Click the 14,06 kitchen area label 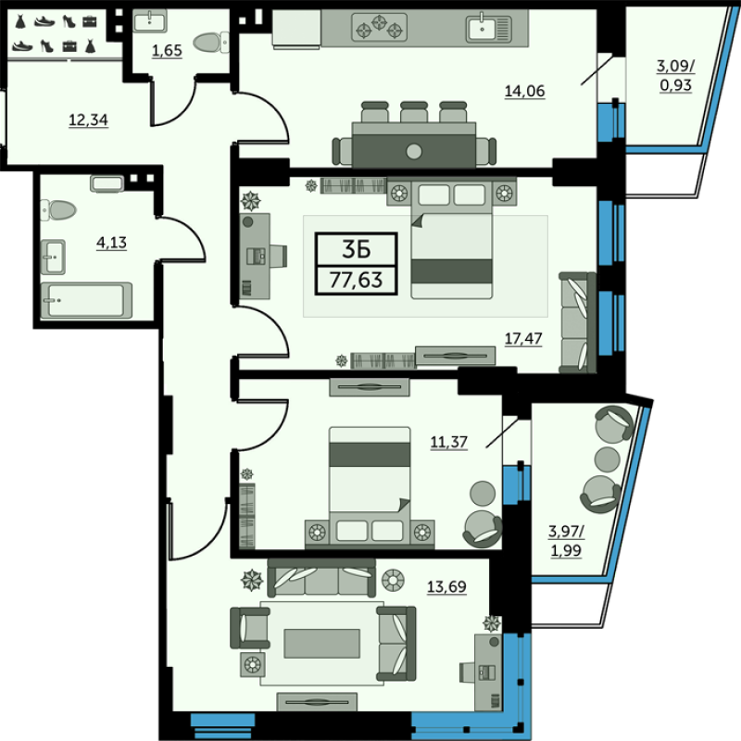[524, 91]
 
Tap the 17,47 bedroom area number [523, 338]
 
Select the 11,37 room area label [448, 443]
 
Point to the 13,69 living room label [446, 587]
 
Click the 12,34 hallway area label [88, 120]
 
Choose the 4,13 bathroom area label [111, 243]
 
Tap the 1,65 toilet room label [167, 51]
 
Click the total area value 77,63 [357, 280]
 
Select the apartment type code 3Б [357, 249]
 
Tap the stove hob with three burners [380, 27]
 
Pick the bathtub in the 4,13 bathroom [86, 300]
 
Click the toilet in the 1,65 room [211, 43]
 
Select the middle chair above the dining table [414, 112]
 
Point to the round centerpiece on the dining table [414, 152]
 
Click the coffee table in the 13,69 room [321, 643]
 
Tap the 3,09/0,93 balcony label [676, 76]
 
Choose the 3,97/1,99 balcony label [566, 541]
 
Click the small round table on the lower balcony [608, 458]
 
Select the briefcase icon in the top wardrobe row [89, 21]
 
